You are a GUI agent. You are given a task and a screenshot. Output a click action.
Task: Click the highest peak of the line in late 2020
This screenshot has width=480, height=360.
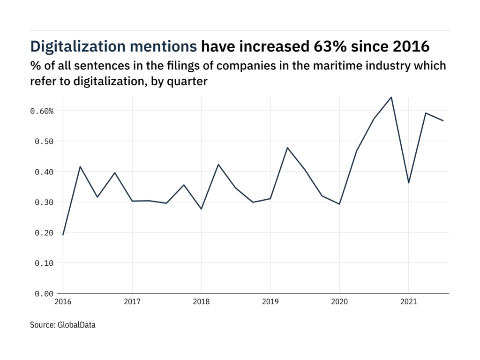coord(391,97)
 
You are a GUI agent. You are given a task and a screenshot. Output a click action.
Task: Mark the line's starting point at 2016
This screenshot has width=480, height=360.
coord(63,235)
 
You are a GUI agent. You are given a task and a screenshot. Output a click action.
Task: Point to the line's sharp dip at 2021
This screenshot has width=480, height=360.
coord(408,183)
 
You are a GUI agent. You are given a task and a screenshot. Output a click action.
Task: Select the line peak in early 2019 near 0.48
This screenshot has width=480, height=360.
coord(287,148)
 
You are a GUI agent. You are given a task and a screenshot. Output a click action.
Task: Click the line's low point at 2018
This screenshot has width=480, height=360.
coord(201,209)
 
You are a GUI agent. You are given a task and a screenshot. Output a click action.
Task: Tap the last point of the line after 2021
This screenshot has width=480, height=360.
coord(443,120)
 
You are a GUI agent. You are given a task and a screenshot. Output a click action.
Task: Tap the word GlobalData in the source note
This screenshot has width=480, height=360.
coord(76,324)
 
